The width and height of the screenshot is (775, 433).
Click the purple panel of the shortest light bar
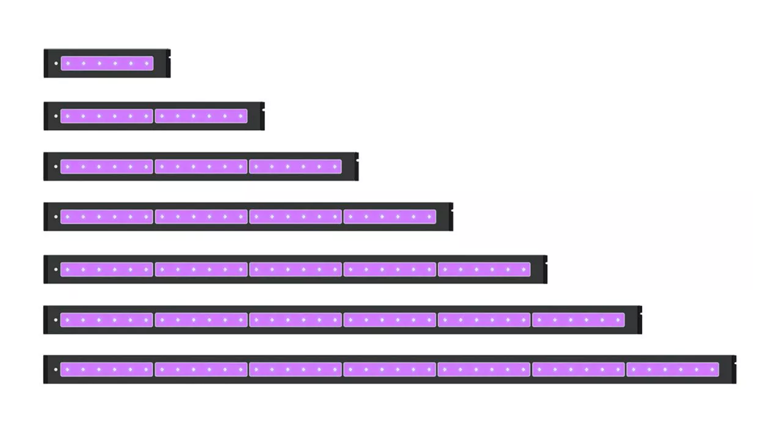pyautogui.click(x=107, y=64)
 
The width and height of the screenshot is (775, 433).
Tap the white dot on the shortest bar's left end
pyautogui.click(x=56, y=64)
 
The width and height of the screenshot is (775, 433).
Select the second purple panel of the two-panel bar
pyautogui.click(x=201, y=116)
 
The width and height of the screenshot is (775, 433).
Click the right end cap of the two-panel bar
pyautogui.click(x=263, y=116)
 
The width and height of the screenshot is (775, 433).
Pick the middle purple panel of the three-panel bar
pyautogui.click(x=201, y=167)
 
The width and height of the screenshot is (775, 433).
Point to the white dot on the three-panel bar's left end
pyautogui.click(x=56, y=167)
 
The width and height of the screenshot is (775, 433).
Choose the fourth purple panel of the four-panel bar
pyautogui.click(x=390, y=217)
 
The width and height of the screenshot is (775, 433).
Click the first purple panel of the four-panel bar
pyautogui.click(x=107, y=217)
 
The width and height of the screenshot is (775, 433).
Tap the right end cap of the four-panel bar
pyautogui.click(x=451, y=217)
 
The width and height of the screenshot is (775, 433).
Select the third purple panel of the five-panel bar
pyautogui.click(x=296, y=270)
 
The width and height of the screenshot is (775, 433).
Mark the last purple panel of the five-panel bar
pyautogui.click(x=484, y=270)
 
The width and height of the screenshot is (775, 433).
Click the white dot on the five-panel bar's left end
pyautogui.click(x=56, y=270)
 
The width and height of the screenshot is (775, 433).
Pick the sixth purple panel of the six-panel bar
pyautogui.click(x=578, y=319)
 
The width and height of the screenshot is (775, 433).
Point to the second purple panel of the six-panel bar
pyautogui.click(x=201, y=319)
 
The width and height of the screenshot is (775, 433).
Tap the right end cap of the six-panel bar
pyautogui.click(x=640, y=319)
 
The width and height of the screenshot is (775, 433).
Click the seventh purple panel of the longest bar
pyautogui.click(x=673, y=369)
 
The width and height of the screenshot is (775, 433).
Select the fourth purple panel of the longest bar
pyautogui.click(x=390, y=369)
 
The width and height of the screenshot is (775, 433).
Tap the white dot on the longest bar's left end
pyautogui.click(x=56, y=369)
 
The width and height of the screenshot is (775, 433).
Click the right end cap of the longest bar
pyautogui.click(x=734, y=369)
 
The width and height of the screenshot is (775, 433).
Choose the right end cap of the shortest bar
pyautogui.click(x=169, y=64)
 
